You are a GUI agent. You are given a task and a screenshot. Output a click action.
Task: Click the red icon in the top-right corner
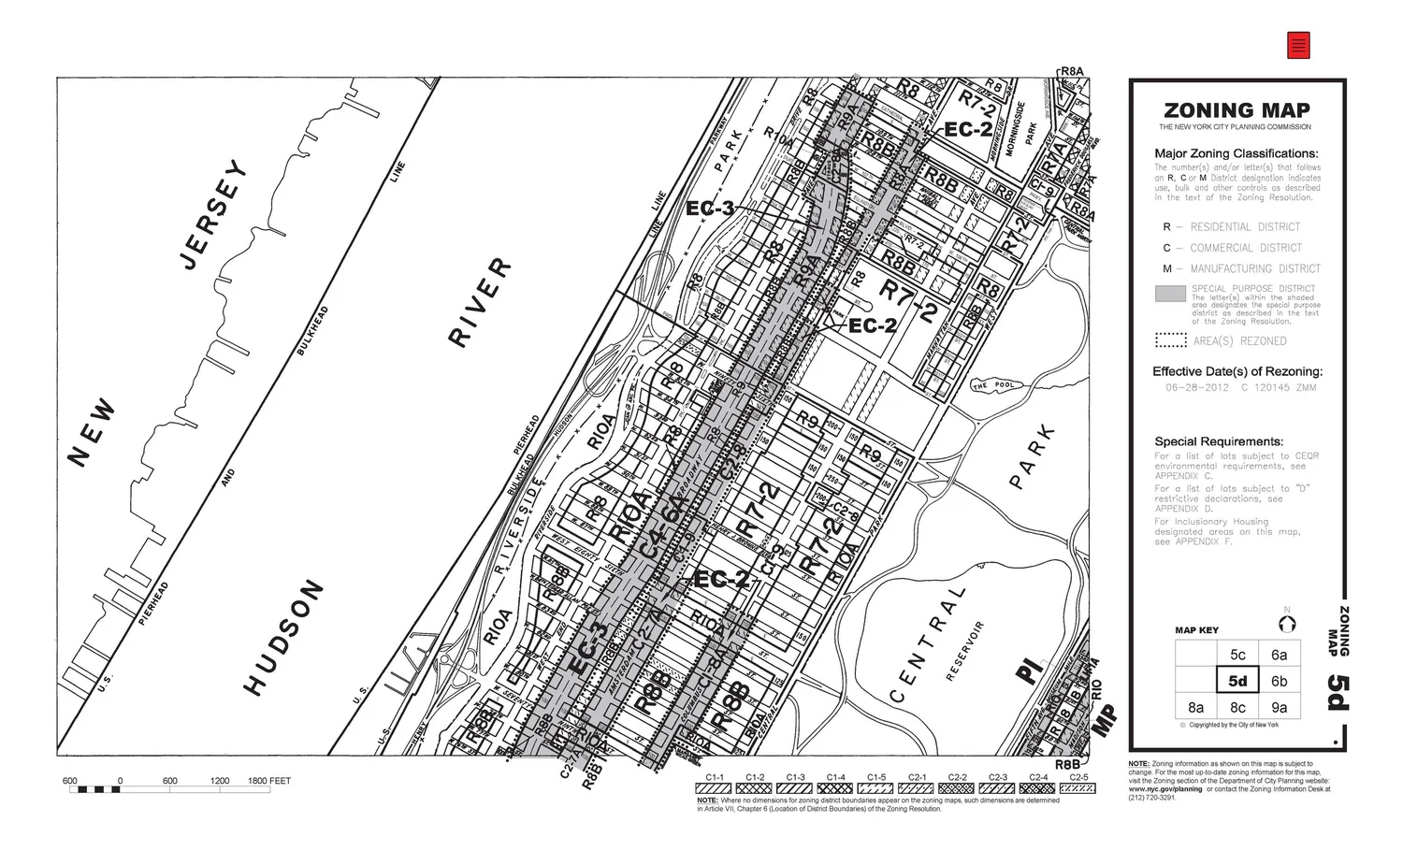(x=1298, y=45)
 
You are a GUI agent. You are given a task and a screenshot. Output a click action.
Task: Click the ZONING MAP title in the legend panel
(x=1237, y=110)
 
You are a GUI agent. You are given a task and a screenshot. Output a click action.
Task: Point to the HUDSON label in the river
(x=284, y=638)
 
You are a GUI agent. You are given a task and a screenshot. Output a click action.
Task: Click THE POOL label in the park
(x=992, y=385)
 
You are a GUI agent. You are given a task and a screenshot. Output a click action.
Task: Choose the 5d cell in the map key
(x=1237, y=681)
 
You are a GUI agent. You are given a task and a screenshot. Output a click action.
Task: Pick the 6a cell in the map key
(x=1279, y=655)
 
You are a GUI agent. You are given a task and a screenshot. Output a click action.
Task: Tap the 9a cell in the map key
(x=1279, y=707)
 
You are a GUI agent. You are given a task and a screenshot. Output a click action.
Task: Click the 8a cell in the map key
(x=1196, y=707)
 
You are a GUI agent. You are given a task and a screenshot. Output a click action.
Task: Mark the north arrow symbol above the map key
(x=1287, y=624)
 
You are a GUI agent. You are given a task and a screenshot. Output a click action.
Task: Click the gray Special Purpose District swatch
(x=1170, y=294)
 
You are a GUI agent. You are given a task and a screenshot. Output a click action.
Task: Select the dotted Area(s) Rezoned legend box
(x=1170, y=340)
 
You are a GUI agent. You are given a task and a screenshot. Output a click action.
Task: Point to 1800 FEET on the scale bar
(x=268, y=781)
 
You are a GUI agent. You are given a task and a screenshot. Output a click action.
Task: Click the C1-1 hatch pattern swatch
(x=715, y=788)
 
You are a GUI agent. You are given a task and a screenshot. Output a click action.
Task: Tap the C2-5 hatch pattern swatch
(x=1078, y=788)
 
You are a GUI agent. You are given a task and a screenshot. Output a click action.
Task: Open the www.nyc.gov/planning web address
(x=1165, y=789)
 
